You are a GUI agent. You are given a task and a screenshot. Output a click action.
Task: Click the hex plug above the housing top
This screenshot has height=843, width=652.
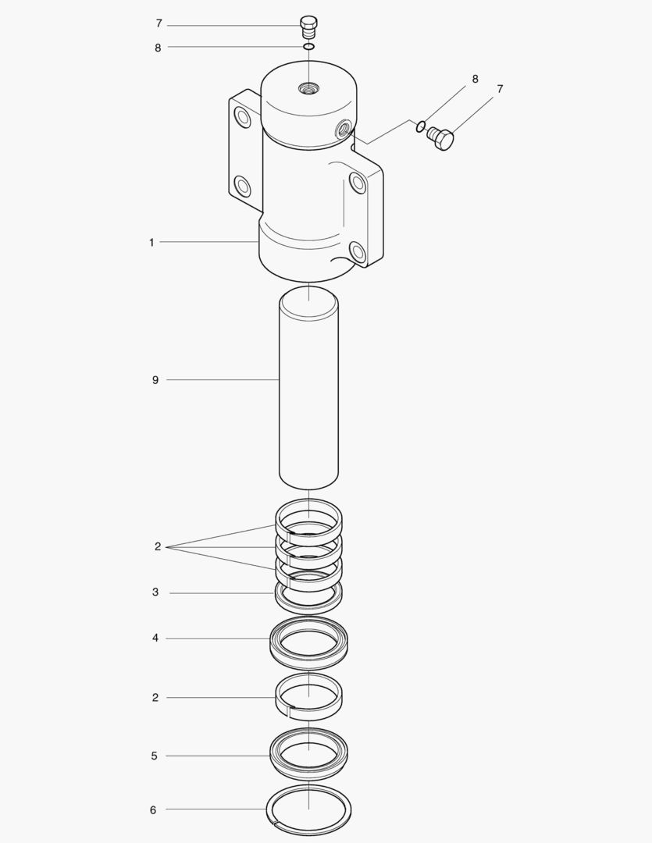pos(308,27)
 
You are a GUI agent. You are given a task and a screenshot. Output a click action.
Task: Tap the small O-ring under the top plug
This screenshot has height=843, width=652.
pos(308,47)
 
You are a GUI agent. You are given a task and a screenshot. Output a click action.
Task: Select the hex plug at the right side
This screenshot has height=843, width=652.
pos(441,139)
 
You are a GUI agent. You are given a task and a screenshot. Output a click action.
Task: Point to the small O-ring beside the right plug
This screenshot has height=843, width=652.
pos(421,126)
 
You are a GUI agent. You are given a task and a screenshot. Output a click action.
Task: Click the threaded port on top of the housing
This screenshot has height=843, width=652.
pos(308,87)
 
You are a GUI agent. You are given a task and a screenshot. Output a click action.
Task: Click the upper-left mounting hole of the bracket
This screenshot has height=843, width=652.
pos(242,116)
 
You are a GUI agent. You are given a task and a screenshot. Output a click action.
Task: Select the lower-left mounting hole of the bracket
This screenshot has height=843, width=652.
pos(242,186)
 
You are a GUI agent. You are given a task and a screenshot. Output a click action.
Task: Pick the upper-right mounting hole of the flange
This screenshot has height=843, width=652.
pos(358,182)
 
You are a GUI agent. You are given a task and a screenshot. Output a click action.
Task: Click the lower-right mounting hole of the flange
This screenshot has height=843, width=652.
pos(357,251)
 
